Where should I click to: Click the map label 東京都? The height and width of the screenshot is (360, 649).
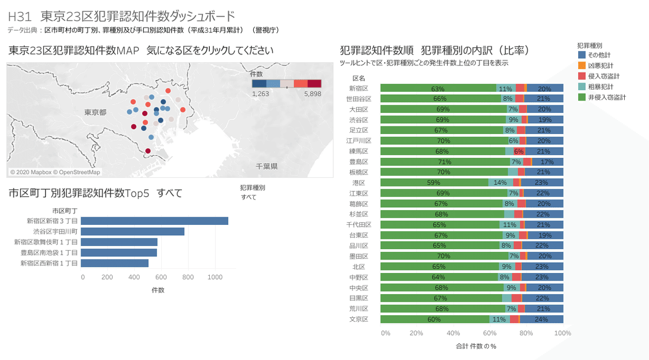tap(95, 112)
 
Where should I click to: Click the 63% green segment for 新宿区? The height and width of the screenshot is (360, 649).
tap(438, 88)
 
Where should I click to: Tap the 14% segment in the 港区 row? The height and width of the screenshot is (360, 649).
tap(500, 183)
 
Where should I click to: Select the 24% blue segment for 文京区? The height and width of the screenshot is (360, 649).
tap(541, 319)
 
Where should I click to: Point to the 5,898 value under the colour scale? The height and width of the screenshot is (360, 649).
tap(313, 94)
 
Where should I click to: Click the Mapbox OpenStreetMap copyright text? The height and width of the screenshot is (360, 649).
tap(55, 172)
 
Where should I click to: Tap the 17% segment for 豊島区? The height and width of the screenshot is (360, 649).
tap(547, 162)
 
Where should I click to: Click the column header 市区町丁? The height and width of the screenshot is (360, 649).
tap(65, 210)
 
